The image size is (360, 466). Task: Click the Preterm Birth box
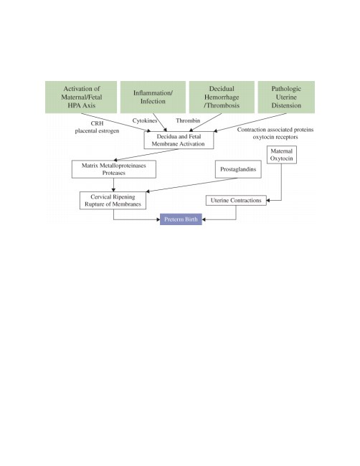point(181,219)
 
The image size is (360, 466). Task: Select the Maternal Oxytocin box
point(282,155)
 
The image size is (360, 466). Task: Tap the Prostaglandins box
point(238,169)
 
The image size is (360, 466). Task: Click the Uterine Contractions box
point(236,200)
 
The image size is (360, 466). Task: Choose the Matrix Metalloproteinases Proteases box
point(114,169)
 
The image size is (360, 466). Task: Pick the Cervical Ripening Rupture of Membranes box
point(113,200)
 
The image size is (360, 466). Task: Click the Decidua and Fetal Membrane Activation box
point(179,141)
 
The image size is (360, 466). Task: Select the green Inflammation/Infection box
point(153,97)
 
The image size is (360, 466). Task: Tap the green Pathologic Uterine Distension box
point(286,97)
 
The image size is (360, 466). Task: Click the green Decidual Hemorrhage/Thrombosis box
point(222,97)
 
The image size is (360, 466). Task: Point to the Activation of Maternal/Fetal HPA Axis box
point(81,97)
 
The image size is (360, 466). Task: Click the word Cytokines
point(144,120)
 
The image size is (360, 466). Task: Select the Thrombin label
point(188,120)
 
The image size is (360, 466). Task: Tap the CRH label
point(98,123)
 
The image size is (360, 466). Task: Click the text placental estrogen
point(97,130)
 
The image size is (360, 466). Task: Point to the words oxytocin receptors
point(275,137)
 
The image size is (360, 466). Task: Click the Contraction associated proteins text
point(275,130)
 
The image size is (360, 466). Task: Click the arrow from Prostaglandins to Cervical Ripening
point(191,185)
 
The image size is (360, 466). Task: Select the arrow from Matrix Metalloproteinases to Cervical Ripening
point(113,185)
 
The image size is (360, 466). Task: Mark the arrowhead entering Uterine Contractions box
point(268,200)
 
